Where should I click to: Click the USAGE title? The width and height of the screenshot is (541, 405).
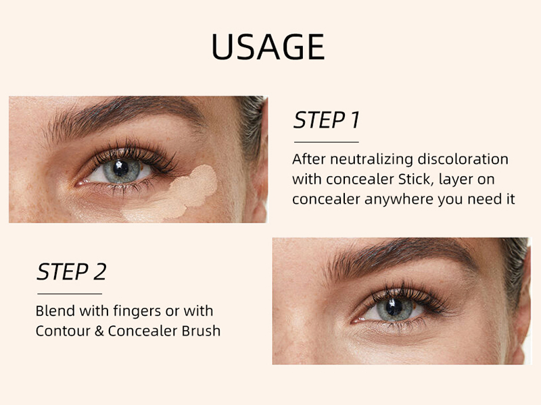click(268, 47)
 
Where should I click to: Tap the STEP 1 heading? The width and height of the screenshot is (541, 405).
click(327, 120)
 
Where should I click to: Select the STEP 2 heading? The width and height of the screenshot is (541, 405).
click(72, 271)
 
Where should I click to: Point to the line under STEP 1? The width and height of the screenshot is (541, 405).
click(326, 142)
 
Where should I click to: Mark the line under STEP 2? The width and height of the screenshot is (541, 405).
click(70, 294)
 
